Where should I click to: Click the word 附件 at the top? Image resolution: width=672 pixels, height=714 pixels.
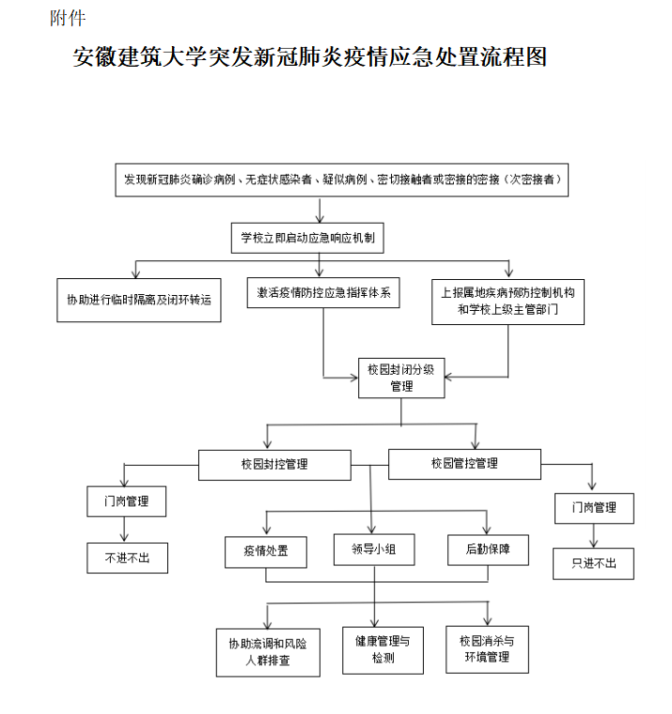point(68,18)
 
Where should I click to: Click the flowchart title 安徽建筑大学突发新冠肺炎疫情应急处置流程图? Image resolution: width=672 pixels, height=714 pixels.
point(310,57)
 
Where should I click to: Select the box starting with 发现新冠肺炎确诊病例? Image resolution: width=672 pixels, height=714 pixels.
point(342,178)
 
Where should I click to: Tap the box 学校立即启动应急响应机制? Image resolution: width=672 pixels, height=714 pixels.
point(307,238)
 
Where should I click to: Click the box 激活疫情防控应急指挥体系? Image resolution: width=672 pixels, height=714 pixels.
point(323,293)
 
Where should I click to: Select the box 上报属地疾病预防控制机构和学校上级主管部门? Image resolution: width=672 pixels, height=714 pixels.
point(508,302)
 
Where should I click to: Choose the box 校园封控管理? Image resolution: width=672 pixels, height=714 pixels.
point(274,464)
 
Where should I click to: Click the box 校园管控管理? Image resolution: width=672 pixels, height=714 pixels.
point(464,463)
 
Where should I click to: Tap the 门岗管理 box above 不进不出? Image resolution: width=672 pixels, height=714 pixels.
point(126,502)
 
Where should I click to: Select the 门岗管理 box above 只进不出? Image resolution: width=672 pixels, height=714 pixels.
point(593,508)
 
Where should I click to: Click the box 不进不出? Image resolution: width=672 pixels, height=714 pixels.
point(126,558)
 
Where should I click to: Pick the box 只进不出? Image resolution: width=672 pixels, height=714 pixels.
point(593,563)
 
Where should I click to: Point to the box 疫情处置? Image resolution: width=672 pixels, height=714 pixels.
point(266,551)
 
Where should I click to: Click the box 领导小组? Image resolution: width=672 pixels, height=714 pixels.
point(374,550)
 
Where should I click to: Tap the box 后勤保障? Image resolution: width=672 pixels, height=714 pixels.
point(488,549)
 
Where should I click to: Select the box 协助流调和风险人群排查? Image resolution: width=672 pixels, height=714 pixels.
point(268,652)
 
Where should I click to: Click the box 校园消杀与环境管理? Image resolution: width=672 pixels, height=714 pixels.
point(487,648)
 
